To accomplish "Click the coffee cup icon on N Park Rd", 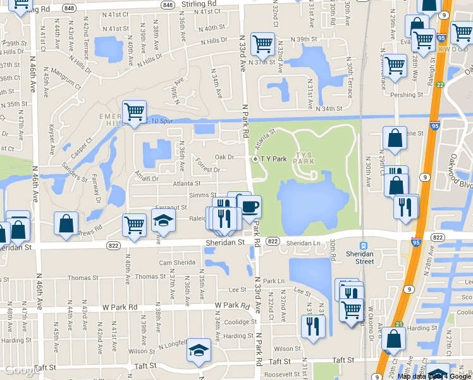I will (x=249, y=206).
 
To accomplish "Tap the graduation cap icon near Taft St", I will (x=199, y=351).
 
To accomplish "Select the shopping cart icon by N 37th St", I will (x=262, y=44).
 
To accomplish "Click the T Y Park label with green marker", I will (x=271, y=158).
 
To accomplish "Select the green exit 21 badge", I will (x=399, y=324).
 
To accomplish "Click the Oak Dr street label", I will (x=224, y=157).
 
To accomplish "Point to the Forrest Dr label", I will (x=208, y=170).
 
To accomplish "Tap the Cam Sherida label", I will (x=177, y=263).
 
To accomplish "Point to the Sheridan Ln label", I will (x=304, y=243).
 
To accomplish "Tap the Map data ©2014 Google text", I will (x=434, y=376).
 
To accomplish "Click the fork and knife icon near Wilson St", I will (x=312, y=326).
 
